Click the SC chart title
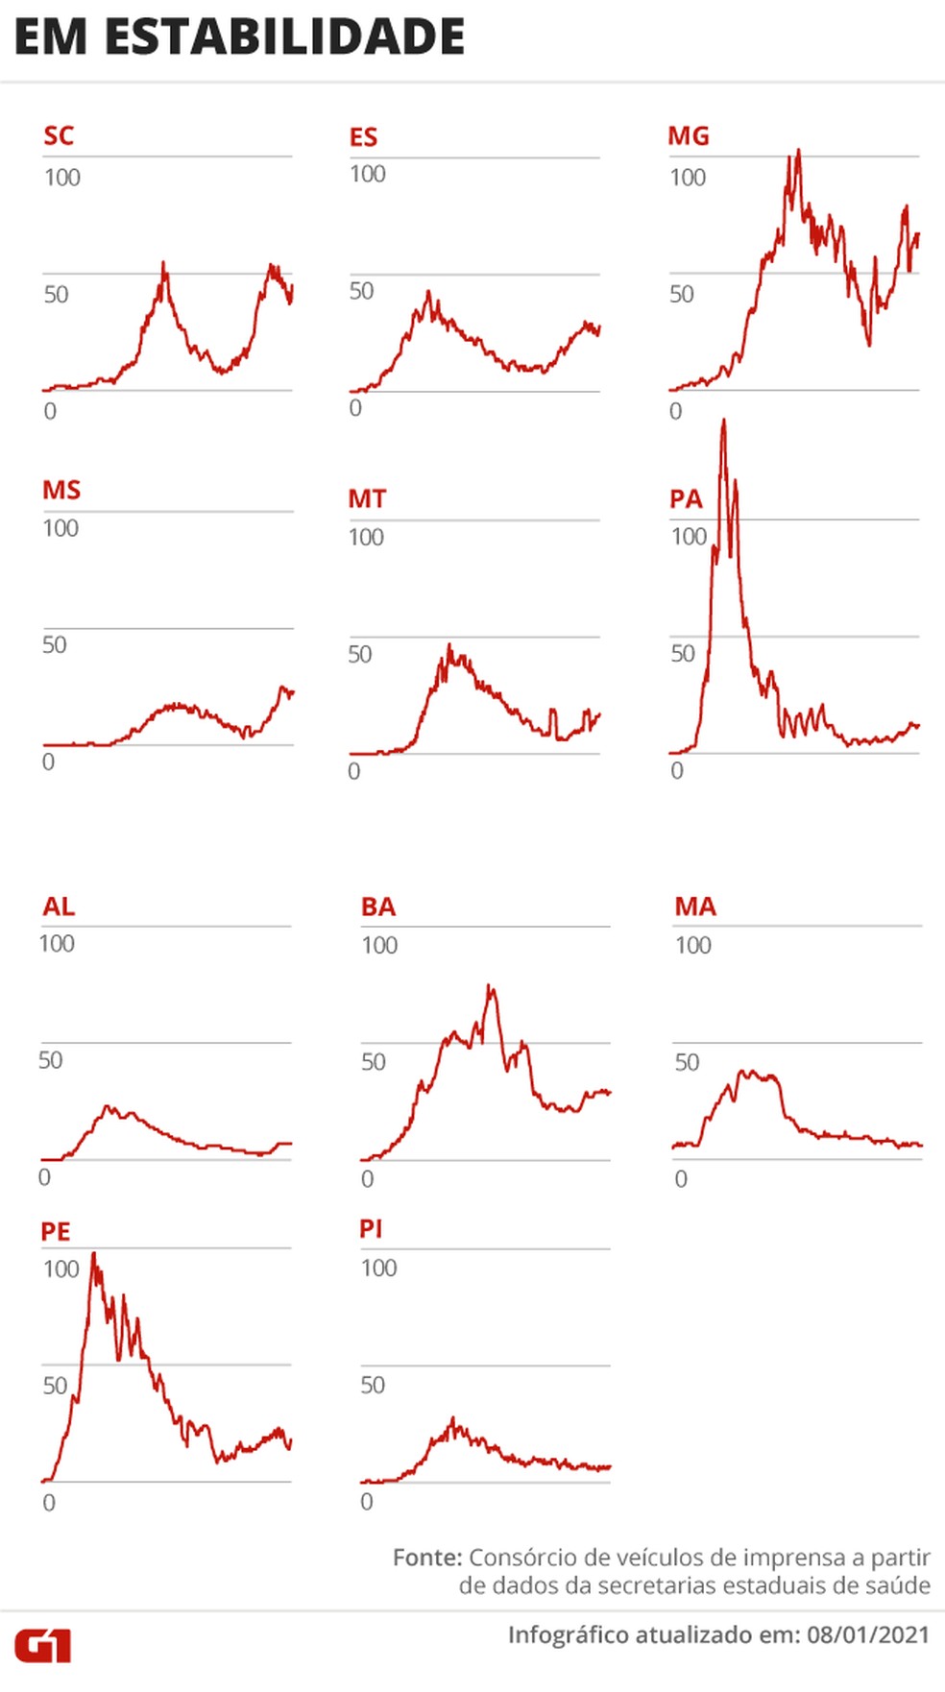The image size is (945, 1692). point(59,135)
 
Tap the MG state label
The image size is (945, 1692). point(689,135)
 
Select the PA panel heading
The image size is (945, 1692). point(686,498)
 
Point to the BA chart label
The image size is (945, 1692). point(378,906)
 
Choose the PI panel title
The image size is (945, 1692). point(371,1228)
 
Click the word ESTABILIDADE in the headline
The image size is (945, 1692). point(284,37)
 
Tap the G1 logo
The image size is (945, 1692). point(42,1646)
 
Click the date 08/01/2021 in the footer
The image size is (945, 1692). point(868,1634)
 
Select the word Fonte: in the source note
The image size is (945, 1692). point(427,1558)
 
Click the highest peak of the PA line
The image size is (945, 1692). point(723,421)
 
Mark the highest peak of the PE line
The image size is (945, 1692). point(93,1253)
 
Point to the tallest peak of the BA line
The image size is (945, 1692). point(490,985)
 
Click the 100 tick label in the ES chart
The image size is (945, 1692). point(368,174)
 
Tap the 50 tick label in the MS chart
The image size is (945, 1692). point(55,644)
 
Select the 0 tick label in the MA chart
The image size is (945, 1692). point(681,1178)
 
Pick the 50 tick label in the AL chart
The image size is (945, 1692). point(51,1060)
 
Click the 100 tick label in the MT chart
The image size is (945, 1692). point(366,537)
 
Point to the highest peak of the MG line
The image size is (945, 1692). point(798,151)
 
